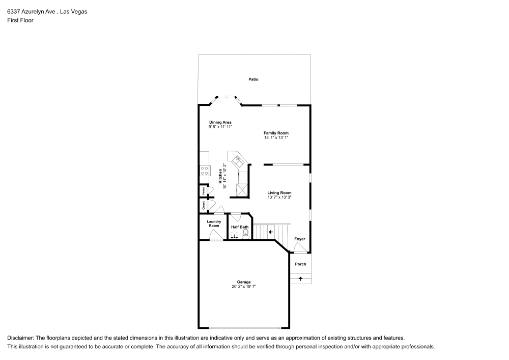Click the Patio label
click(253, 79)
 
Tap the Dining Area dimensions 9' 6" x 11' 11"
click(220, 127)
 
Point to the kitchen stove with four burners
click(205, 171)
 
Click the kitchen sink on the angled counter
click(238, 160)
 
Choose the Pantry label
click(204, 191)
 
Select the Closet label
click(204, 205)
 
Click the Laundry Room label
click(213, 224)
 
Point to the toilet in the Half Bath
click(246, 234)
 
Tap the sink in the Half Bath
click(235, 235)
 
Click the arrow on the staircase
click(270, 232)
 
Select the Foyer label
click(300, 239)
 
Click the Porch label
click(301, 264)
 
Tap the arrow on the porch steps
click(301, 279)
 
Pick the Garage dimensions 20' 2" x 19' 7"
click(244, 287)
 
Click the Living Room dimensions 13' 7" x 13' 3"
click(279, 197)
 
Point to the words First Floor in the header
click(20, 20)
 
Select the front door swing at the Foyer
click(300, 249)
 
